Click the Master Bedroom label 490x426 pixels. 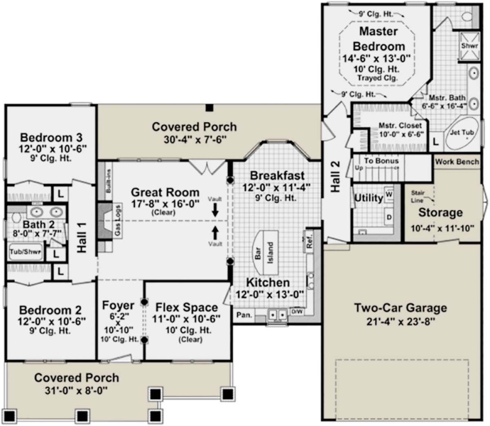click(379, 39)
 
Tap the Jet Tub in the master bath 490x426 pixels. click(462, 133)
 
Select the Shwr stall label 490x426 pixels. click(469, 46)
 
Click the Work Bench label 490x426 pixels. click(457, 162)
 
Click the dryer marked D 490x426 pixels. click(389, 217)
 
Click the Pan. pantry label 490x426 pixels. click(244, 315)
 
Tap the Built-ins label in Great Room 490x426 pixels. click(108, 181)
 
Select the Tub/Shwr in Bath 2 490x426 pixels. click(25, 252)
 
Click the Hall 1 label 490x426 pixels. click(82, 242)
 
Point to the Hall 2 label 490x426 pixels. click(335, 176)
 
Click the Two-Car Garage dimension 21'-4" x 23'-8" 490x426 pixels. click(400, 322)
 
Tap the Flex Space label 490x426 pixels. click(186, 307)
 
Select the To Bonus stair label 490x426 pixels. click(381, 161)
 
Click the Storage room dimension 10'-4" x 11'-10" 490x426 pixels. click(440, 228)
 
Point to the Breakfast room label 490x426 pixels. click(277, 176)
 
